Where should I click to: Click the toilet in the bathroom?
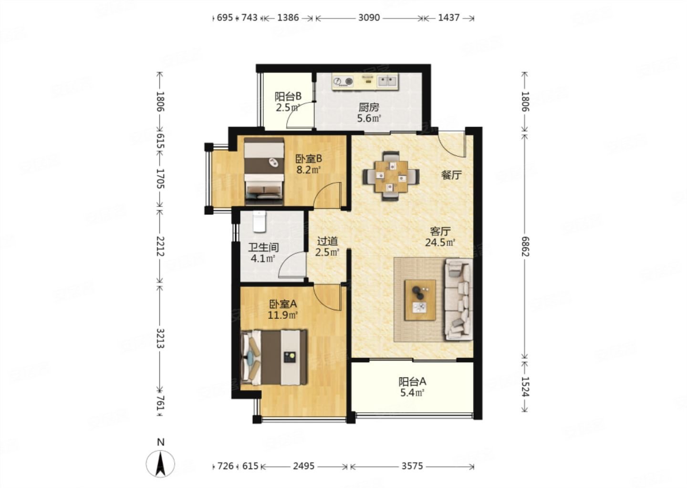tap(260, 222)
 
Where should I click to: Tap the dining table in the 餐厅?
tap(391, 176)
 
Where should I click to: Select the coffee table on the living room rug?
tap(420, 300)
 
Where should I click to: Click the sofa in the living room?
tap(458, 300)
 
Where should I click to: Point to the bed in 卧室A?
tap(274, 357)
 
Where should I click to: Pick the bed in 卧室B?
tap(264, 172)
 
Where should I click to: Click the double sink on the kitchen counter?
tap(387, 81)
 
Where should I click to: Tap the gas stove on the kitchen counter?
tap(343, 81)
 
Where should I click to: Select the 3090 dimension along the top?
tap(369, 18)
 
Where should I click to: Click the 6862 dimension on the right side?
tap(525, 246)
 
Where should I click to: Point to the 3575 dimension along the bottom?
tap(412, 466)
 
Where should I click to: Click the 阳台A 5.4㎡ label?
tap(412, 387)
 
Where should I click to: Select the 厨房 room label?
tap(369, 107)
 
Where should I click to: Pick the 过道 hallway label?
tap(327, 242)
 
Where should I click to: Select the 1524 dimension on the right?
tap(525, 386)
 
